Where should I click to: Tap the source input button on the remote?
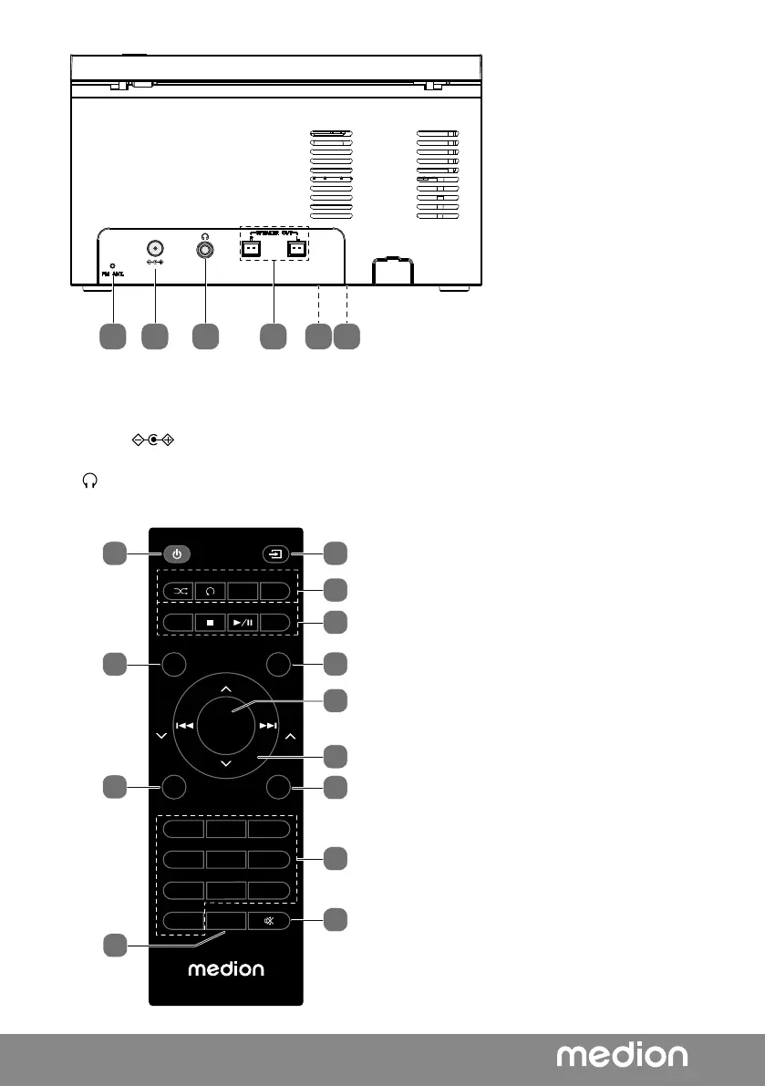[x=274, y=553]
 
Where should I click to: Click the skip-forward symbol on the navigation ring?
[x=267, y=727]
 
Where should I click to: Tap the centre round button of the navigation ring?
[x=225, y=727]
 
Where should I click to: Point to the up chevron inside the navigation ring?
[x=226, y=688]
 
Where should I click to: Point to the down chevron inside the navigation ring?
[x=226, y=762]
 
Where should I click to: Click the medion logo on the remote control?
[x=226, y=967]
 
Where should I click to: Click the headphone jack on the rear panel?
[x=205, y=248]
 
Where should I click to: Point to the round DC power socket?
[x=155, y=248]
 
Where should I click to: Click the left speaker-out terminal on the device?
[x=251, y=249]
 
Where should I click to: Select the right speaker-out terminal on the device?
[x=295, y=249]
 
